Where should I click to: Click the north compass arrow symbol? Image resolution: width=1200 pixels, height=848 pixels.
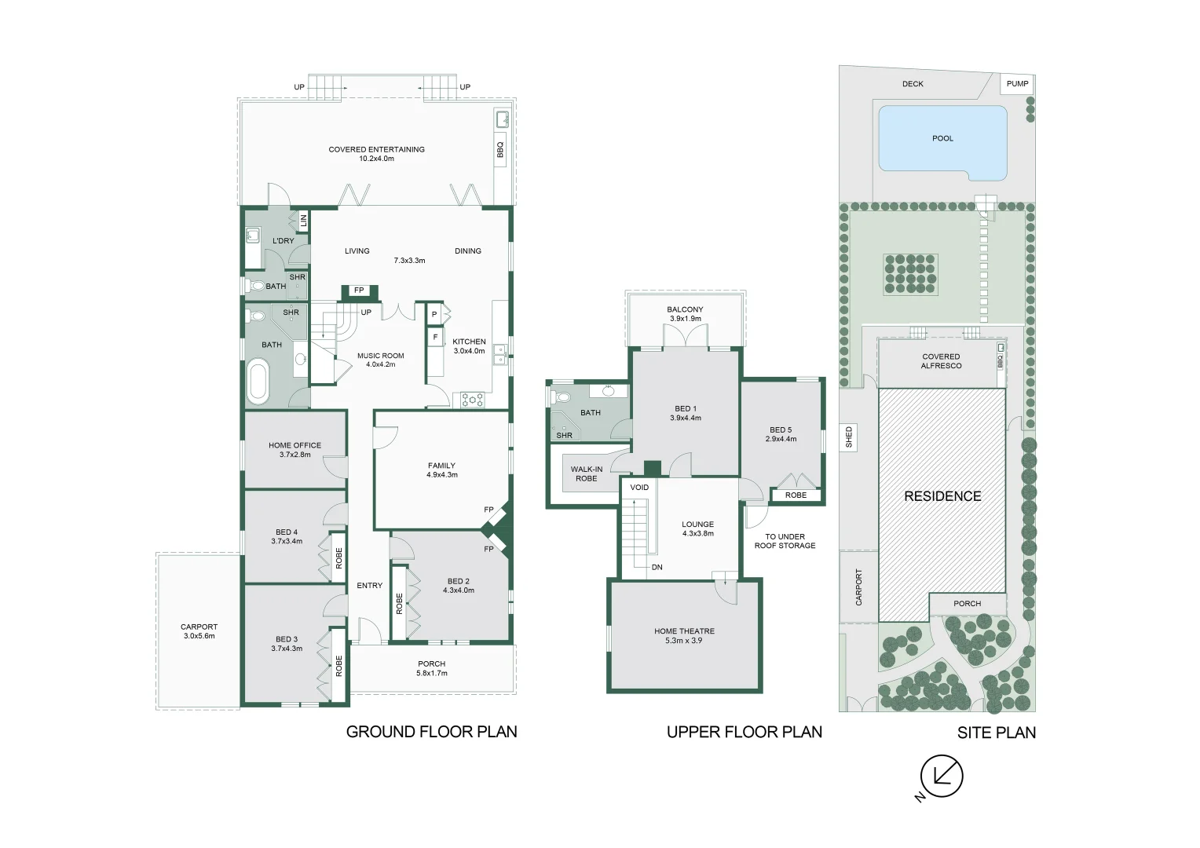point(942,777)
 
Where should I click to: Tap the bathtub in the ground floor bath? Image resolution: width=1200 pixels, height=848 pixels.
point(258,382)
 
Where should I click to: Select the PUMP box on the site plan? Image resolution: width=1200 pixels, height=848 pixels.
point(1017,84)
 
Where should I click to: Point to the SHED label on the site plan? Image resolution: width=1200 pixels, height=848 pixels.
point(849,437)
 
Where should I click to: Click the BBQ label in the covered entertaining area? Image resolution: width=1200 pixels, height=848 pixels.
point(500,149)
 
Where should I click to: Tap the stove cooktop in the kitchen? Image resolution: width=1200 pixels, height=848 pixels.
point(472,400)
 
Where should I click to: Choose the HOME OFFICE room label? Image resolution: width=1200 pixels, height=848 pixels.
point(295,445)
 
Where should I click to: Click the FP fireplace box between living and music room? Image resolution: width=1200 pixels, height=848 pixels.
point(360,291)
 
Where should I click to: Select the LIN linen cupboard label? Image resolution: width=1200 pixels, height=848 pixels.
point(303,220)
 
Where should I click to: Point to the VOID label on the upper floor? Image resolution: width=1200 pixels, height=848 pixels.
point(639,488)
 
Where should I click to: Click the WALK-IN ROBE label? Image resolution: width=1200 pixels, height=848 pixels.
point(587,473)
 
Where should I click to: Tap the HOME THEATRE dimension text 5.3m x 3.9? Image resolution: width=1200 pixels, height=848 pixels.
point(684,640)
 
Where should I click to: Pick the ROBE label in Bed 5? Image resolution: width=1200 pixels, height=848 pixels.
point(796,495)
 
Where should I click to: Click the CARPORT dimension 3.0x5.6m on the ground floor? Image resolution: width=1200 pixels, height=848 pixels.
point(199,636)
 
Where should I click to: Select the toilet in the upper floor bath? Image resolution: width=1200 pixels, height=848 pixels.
point(560,397)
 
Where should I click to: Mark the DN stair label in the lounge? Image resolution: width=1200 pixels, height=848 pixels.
point(657,568)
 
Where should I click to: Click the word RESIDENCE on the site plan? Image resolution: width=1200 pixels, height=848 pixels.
point(942,496)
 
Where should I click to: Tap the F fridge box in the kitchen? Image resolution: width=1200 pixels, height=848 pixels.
point(435,338)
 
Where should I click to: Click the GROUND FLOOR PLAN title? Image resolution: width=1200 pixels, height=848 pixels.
point(431,732)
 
